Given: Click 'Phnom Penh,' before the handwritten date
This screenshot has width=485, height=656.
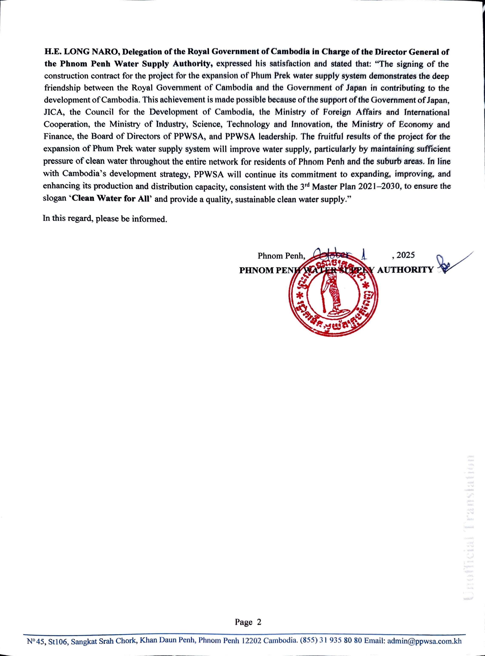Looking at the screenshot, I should tap(282, 256).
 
